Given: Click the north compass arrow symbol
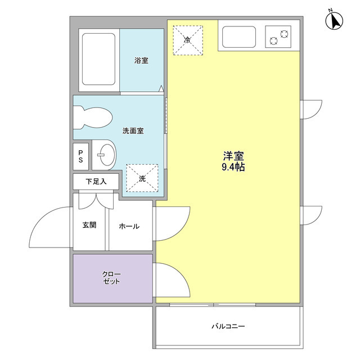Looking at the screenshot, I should (336, 21).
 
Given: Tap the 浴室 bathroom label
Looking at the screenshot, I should (141, 60).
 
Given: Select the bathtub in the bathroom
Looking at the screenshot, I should (98, 60).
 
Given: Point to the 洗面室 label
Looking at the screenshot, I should (133, 131).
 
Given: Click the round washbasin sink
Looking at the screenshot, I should (105, 153).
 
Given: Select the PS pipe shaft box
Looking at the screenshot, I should (81, 156).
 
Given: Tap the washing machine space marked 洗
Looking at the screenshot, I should (142, 178).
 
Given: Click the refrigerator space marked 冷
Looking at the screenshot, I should (188, 39).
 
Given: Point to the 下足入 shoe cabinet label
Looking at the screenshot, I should (95, 182).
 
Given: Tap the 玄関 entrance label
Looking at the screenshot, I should (89, 225).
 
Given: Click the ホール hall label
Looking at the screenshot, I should (129, 226).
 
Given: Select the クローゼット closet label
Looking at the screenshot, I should (111, 278).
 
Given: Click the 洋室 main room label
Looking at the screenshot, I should (233, 155).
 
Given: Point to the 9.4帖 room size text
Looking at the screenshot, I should (233, 167).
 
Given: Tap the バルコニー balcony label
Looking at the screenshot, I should (228, 326).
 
